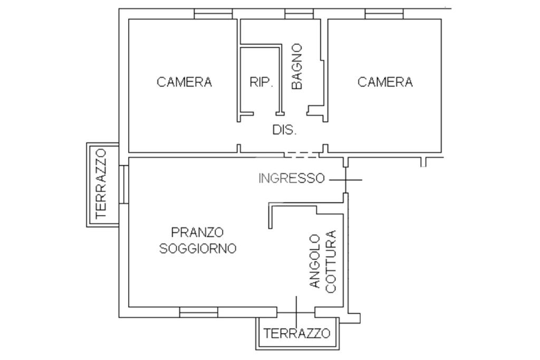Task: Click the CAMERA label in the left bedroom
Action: coord(184,82)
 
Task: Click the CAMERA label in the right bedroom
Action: coord(385,82)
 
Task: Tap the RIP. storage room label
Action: coord(262,82)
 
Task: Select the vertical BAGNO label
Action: coord(296,66)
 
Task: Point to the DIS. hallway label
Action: coord(284,130)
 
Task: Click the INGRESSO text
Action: coord(291,178)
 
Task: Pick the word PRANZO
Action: coord(197,232)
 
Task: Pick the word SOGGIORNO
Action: coord(198,248)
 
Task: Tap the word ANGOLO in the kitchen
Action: coord(315,261)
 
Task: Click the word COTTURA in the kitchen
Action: coord(331,261)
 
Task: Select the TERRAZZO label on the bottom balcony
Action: coord(297,333)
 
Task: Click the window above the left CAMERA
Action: coord(213,14)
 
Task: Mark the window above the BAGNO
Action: coord(299,14)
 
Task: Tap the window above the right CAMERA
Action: coord(384,14)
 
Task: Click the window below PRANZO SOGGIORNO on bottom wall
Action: coord(199,312)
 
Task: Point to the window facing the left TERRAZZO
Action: coord(123,184)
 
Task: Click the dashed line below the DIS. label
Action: coord(302,155)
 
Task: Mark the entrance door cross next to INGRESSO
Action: coord(345,180)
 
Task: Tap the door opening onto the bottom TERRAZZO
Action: coord(296,312)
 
